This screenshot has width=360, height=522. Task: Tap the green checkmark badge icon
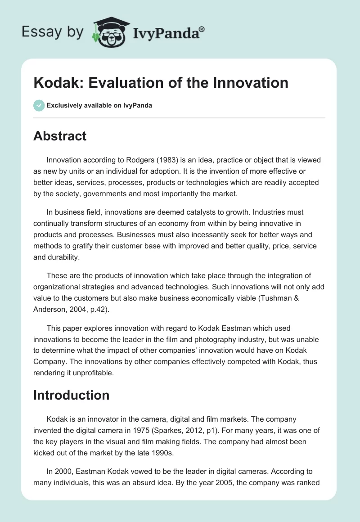(39, 105)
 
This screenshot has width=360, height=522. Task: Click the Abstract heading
(60, 136)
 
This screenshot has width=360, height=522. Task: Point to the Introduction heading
(71, 395)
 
